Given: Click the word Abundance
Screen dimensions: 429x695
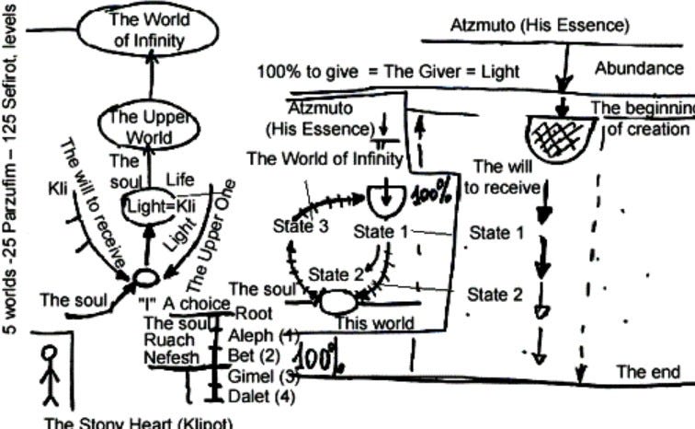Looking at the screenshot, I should click(x=639, y=68).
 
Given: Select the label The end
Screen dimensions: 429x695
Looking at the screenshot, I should click(x=648, y=372).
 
